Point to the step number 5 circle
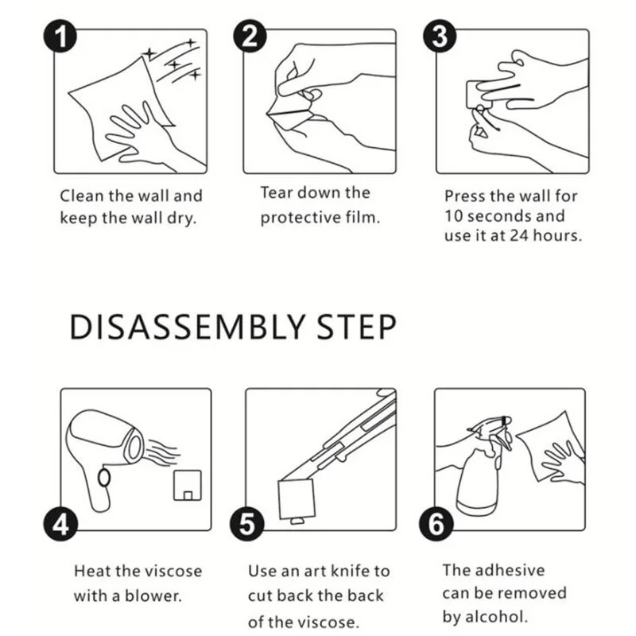(x=250, y=524)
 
